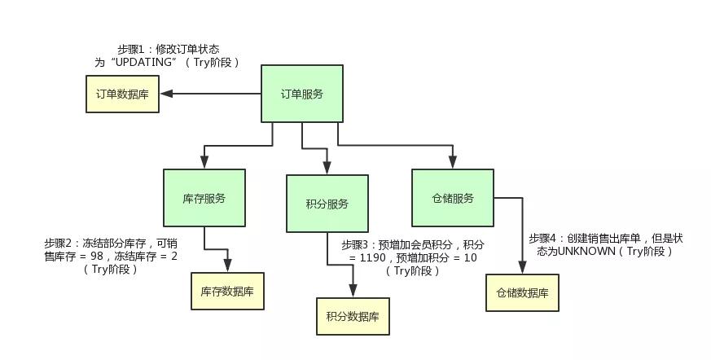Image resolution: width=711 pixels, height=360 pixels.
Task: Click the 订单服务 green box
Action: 301,94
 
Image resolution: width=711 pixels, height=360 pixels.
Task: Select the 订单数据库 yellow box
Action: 123,94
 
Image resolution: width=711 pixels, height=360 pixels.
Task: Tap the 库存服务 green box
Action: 204,198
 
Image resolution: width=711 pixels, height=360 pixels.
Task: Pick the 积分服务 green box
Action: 327,204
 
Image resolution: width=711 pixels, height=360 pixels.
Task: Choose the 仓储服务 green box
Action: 452,198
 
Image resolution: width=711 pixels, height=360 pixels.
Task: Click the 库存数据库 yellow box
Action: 228,291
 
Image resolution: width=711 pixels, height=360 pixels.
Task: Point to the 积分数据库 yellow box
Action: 353,316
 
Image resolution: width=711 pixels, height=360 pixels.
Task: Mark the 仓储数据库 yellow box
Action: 522,292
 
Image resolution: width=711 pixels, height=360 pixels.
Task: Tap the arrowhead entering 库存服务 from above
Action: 204,163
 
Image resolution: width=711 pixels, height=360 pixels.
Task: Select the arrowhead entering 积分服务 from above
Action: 327,169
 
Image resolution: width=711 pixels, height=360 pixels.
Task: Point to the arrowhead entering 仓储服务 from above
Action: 452,164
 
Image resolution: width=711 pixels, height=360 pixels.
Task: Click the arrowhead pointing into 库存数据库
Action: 228,266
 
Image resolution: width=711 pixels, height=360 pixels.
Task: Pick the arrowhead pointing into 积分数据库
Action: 353,291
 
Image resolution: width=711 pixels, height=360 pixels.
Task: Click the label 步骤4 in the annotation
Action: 544,239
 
